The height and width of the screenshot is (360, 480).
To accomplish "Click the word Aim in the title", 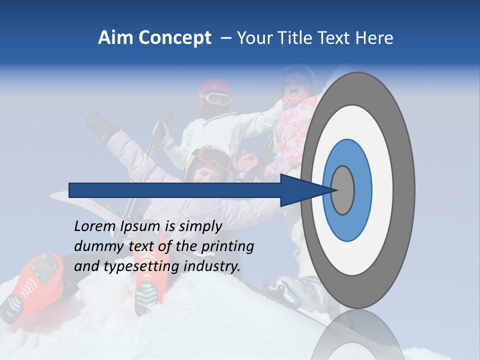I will (115, 38).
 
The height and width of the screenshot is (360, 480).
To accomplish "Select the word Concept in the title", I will (174, 38).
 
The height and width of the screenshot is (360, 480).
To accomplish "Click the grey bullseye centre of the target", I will (343, 190).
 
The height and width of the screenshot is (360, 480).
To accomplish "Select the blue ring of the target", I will (362, 190).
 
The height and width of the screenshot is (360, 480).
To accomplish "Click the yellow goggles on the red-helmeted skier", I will (216, 99).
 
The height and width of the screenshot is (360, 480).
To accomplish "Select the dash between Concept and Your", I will (225, 38).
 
